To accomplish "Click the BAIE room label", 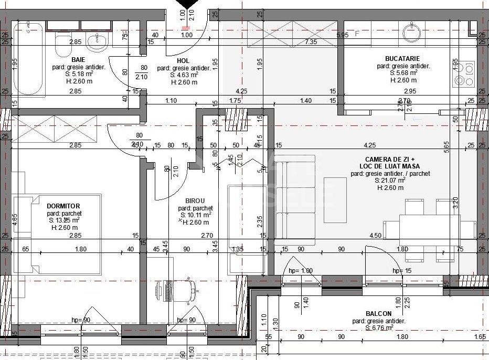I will [79, 60].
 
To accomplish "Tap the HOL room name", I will [183, 61].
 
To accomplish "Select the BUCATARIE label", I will [402, 59].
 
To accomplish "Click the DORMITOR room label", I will [63, 206].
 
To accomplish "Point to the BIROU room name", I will [195, 200].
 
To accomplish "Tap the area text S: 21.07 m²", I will [391, 180].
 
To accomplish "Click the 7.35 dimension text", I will [311, 41].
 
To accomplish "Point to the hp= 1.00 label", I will [300, 270].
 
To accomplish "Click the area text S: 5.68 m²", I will [403, 73].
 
